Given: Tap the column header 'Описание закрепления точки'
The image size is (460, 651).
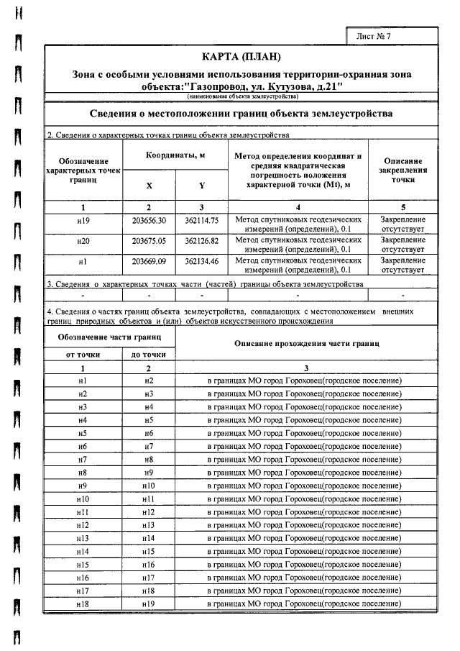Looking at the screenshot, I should pos(402,170).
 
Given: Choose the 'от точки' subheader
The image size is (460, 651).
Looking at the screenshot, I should pos(83,355).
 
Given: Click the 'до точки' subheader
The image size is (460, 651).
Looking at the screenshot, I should pos(149,355).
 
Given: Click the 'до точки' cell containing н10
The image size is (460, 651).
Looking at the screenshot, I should pos(149,486).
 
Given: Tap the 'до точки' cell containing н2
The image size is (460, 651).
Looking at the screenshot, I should pos(149,381).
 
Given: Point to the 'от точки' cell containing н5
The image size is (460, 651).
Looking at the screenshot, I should pos(83,433).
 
